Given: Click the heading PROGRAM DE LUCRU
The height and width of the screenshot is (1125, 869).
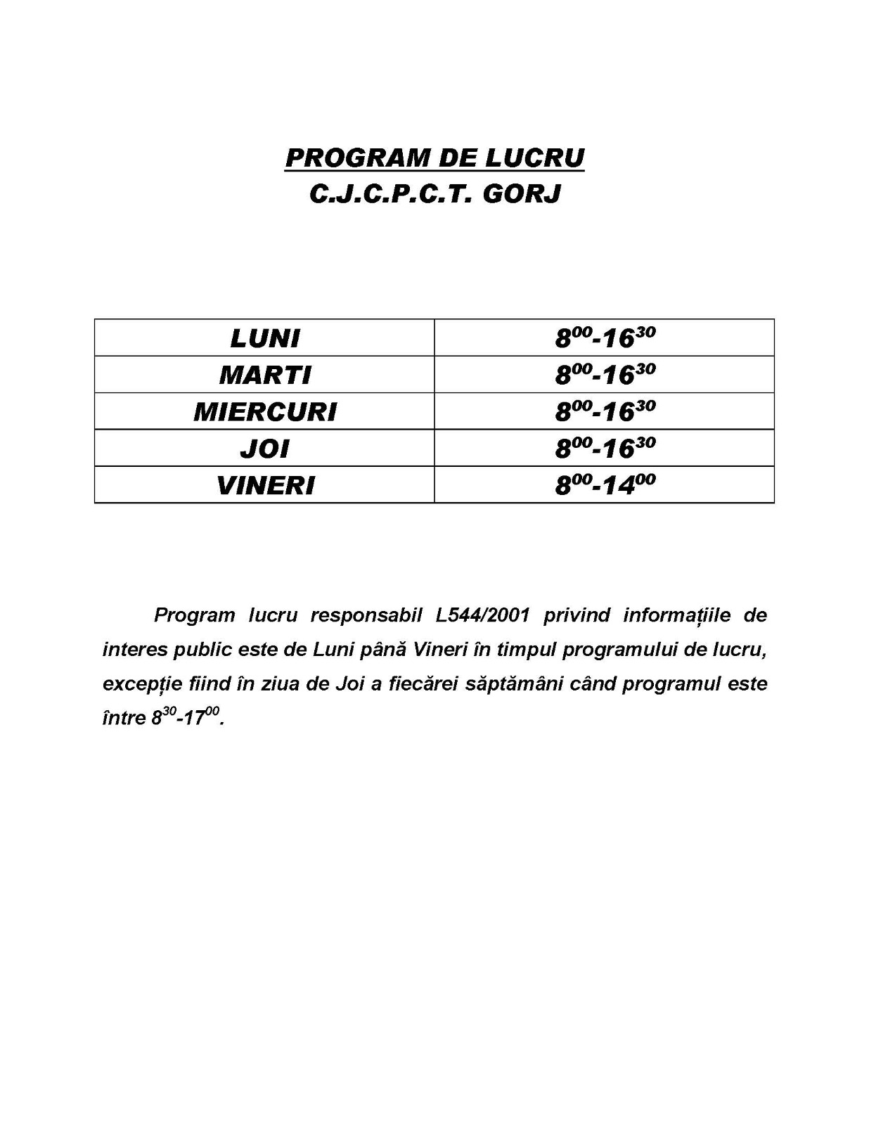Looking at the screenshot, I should click(x=434, y=157).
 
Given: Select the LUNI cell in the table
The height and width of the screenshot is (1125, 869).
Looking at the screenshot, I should click(x=265, y=338).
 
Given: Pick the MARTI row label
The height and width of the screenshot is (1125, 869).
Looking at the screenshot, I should click(x=265, y=375).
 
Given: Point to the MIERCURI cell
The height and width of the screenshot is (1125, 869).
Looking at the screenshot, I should click(x=265, y=411).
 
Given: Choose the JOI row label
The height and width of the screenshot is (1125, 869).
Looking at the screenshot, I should click(x=265, y=449).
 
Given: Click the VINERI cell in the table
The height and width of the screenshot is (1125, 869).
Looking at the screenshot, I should click(x=265, y=485).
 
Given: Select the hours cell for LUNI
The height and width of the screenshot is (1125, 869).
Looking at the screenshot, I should click(x=605, y=337).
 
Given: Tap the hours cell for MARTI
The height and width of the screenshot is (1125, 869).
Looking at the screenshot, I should click(x=605, y=374).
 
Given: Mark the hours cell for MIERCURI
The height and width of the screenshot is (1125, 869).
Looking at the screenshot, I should click(x=605, y=411).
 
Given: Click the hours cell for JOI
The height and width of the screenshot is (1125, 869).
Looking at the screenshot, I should click(x=605, y=447).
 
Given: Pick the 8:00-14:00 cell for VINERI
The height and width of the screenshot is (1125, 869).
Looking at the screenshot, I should click(x=605, y=484).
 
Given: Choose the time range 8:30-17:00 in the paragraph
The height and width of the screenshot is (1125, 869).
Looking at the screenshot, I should click(x=186, y=718).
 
